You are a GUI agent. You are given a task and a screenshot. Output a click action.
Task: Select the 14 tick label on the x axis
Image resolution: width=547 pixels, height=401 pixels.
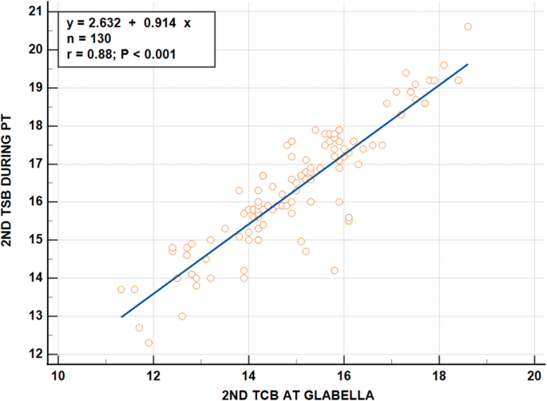coord(249,373)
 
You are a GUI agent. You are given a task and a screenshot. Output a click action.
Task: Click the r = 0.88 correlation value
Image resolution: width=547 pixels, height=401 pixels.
coord(89,54)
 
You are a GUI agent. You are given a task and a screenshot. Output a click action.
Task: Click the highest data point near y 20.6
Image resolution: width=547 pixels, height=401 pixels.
coord(468,26)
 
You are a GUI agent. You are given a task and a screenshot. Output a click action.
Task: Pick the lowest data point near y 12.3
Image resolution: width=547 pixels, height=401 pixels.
coord(149,343)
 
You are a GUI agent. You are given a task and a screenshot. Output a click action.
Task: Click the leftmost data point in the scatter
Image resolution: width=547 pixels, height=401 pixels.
coord(121,289)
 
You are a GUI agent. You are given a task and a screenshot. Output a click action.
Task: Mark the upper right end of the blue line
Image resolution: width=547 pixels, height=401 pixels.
coord(468,64)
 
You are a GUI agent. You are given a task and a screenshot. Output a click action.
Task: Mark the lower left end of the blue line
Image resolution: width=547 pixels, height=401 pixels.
coord(121,317)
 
